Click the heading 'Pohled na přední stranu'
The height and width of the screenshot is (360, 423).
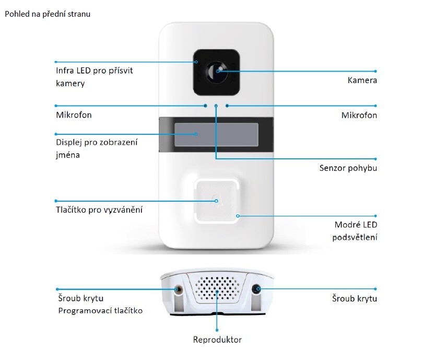click(x=48, y=14)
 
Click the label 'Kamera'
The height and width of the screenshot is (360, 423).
click(x=362, y=80)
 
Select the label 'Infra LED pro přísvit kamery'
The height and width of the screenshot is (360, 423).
click(x=95, y=76)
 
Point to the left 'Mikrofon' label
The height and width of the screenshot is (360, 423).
click(x=74, y=115)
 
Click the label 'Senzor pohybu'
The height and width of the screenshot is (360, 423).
click(x=348, y=168)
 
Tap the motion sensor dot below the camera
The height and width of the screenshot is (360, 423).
click(x=216, y=106)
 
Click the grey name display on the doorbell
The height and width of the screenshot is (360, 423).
click(x=215, y=134)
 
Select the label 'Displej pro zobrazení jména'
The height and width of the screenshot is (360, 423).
click(x=100, y=148)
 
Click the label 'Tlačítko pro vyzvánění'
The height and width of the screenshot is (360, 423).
click(x=99, y=210)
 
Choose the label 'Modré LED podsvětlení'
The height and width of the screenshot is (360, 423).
click(x=355, y=231)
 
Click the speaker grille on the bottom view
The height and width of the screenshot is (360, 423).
click(x=216, y=288)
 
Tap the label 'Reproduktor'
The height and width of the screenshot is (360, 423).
click(x=217, y=340)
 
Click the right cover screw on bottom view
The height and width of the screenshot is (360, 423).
click(x=256, y=289)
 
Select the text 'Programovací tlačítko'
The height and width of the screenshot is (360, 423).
click(x=101, y=310)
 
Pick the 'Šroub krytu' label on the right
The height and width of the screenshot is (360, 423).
click(x=355, y=299)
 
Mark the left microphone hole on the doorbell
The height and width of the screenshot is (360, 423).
click(x=205, y=105)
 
